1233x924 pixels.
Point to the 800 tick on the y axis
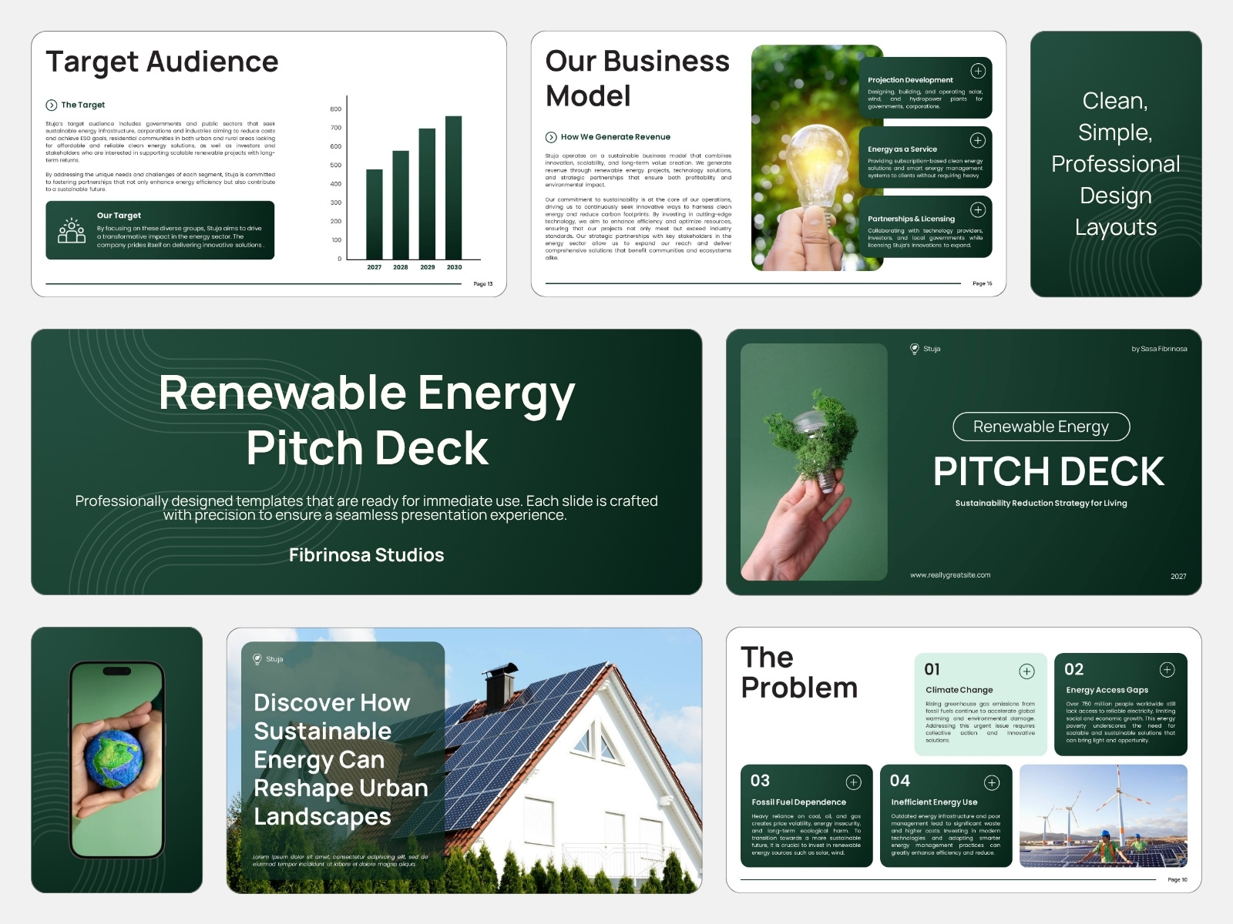[336, 109]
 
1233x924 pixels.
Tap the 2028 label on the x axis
[401, 267]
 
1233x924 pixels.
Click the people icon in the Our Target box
[72, 230]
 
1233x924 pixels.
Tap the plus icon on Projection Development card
[978, 71]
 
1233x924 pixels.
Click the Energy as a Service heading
[902, 149]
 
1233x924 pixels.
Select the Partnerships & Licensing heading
[911, 219]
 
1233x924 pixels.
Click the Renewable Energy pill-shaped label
[1041, 427]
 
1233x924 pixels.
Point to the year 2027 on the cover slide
[1178, 576]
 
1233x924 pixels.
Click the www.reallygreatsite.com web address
[950, 575]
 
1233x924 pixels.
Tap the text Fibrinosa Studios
[366, 555]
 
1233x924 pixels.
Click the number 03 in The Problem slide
[760, 781]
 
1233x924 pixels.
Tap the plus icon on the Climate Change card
[1027, 671]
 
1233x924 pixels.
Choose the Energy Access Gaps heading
[1107, 690]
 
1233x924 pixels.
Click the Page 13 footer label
[482, 284]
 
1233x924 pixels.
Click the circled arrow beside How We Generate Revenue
[551, 137]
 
